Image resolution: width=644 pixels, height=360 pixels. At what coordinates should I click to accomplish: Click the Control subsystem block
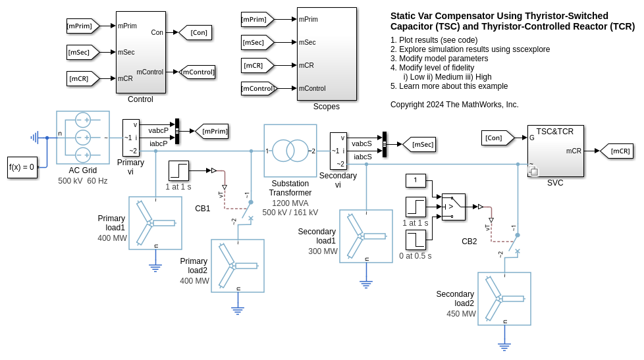coord(140,52)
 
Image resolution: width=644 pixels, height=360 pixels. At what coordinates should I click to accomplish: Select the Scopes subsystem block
coord(327,53)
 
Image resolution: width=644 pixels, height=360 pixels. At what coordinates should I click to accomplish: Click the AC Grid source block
coord(83,138)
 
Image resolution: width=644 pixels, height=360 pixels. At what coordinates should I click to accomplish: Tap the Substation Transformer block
coord(290,151)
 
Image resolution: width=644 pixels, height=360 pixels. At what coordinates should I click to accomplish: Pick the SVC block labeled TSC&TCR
coord(555,151)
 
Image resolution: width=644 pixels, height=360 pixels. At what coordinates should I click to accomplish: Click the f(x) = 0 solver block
coord(22,167)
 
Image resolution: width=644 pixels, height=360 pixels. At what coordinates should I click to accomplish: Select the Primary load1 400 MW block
coord(155,223)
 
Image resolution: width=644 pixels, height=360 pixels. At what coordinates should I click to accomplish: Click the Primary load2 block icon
coord(238,266)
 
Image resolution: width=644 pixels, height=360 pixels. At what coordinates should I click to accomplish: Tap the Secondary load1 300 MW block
coord(366,236)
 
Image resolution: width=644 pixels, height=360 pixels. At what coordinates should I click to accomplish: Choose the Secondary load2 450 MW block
coord(504,299)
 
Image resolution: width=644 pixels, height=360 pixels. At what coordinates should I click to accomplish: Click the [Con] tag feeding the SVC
coord(497,138)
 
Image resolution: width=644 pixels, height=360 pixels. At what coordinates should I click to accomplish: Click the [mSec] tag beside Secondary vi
coord(419,144)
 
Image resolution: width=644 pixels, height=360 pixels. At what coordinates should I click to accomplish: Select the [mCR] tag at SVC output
coord(617,151)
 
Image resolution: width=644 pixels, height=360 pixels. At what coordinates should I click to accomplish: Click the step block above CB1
coord(178,170)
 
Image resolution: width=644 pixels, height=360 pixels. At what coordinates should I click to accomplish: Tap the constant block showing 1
coord(416,180)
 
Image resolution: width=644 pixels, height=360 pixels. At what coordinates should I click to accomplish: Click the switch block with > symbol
coord(453,207)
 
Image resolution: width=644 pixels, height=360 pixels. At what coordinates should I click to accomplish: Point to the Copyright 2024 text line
coord(454,105)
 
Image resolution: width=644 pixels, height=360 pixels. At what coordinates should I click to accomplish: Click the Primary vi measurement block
coord(131,138)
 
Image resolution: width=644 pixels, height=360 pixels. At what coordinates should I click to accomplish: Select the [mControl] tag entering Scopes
coord(257,88)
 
